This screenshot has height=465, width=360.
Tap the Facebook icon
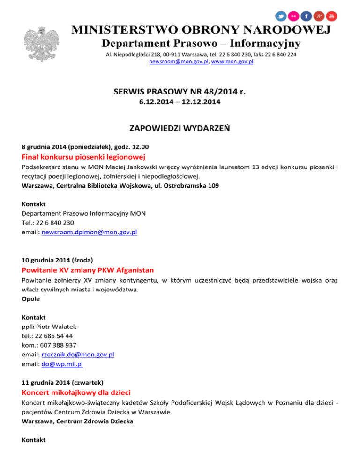[x=306, y=16]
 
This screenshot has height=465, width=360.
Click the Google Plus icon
[x=319, y=16]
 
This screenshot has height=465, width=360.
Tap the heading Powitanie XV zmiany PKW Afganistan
[x=88, y=270]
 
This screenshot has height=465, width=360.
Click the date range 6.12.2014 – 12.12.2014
[x=180, y=102]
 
